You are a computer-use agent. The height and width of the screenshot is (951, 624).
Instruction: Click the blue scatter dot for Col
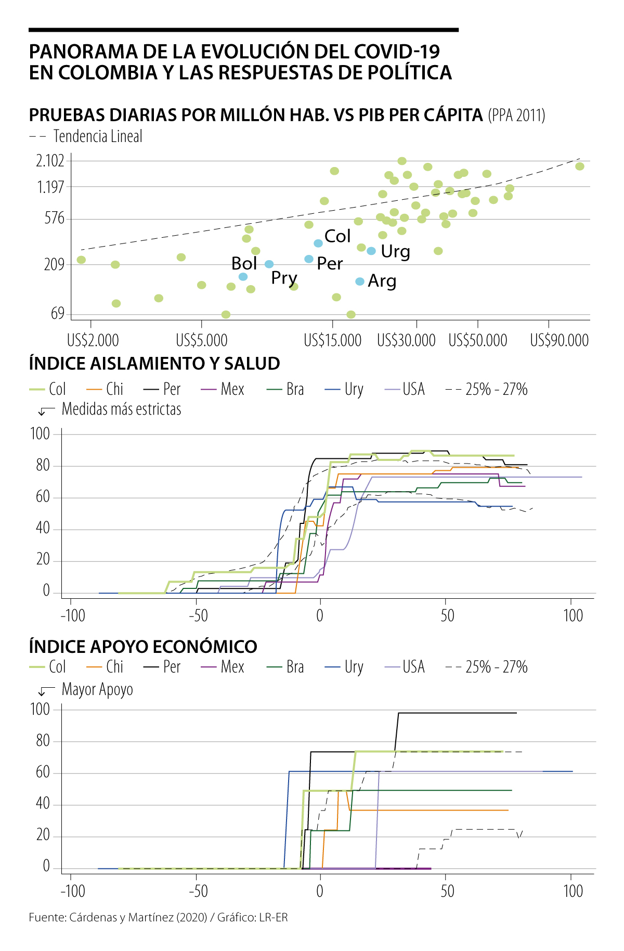coord(318,243)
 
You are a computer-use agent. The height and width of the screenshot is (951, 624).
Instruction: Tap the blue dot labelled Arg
coord(359,281)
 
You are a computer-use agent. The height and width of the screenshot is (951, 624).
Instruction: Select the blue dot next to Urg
coord(371,251)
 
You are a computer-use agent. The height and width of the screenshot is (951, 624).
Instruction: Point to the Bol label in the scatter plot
coord(244,263)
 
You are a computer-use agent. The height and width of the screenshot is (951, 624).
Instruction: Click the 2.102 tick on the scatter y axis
coord(50,161)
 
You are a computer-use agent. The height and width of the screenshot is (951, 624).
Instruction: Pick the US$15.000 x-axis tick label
coord(333,341)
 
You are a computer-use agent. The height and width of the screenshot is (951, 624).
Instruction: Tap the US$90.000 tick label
coord(559,341)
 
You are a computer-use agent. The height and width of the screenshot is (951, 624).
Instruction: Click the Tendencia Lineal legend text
coord(98,136)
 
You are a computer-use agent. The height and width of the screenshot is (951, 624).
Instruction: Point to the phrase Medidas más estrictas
coord(121,409)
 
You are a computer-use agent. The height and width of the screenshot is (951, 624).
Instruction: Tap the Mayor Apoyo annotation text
coord(97,689)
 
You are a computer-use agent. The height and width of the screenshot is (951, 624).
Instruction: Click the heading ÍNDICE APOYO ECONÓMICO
coord(143,647)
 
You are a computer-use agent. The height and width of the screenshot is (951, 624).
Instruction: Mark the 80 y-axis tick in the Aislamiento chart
coord(43,466)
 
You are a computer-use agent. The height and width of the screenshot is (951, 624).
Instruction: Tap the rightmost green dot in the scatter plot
coord(580,166)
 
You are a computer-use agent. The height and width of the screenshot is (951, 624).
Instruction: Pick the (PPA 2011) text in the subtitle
coord(516,115)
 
